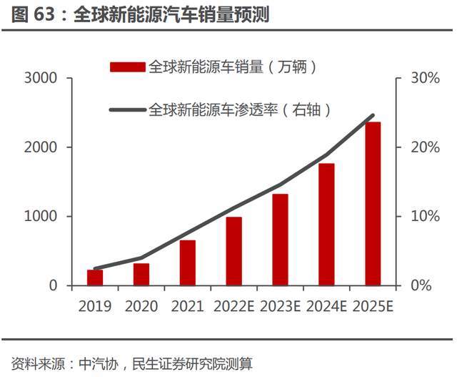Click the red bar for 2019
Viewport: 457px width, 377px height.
tap(95, 278)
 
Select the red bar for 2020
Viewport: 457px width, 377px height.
tap(141, 274)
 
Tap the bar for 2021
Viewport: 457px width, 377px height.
tap(187, 263)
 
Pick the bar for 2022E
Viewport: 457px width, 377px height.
tap(234, 251)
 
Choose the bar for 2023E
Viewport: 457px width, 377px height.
tap(280, 240)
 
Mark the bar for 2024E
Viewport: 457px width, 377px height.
tap(326, 225)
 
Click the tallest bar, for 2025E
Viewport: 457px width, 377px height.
tap(373, 204)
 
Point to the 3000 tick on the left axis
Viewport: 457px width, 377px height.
tap(44, 78)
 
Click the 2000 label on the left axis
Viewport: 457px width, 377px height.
tap(44, 147)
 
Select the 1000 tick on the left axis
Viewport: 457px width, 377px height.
tap(44, 216)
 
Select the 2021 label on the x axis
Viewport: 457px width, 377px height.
tap(187, 306)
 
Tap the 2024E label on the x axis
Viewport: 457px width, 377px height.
tap(326, 306)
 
